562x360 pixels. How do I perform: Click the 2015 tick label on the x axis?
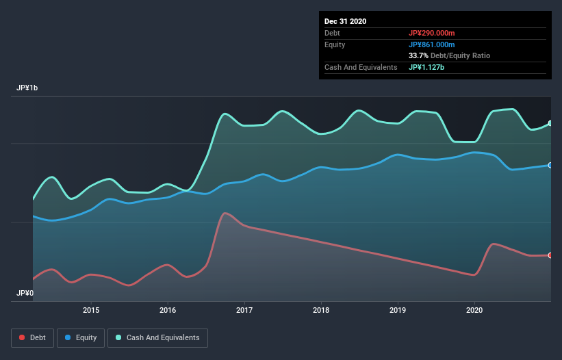click(x=90, y=309)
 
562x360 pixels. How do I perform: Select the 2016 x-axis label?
click(x=167, y=309)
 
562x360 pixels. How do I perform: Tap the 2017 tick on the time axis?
click(x=244, y=309)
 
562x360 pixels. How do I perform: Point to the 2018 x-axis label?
click(x=321, y=309)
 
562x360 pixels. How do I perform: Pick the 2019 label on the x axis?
click(x=398, y=309)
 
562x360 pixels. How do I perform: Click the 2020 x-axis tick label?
click(x=474, y=309)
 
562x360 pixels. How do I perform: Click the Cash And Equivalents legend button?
click(x=157, y=337)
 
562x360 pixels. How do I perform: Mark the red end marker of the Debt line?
click(x=550, y=255)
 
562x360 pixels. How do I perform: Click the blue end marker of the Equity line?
click(x=550, y=165)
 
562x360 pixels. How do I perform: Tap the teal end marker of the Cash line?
click(x=550, y=123)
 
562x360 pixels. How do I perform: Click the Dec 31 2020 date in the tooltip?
click(x=346, y=21)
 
